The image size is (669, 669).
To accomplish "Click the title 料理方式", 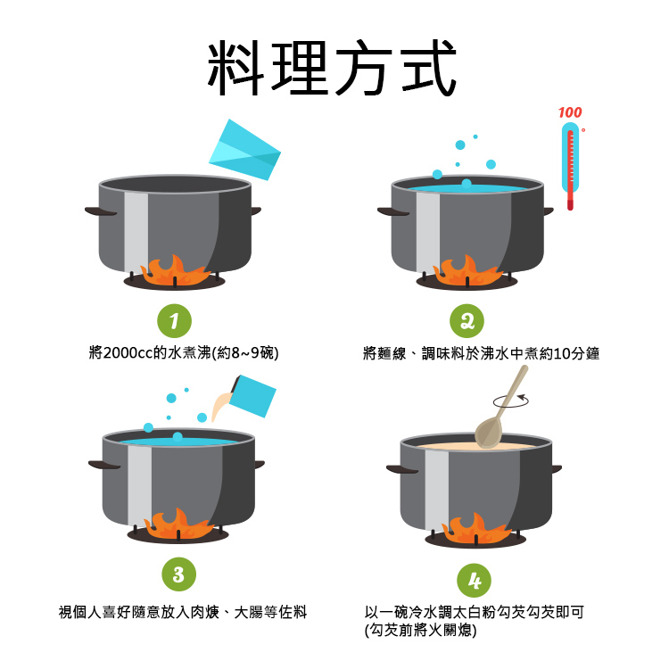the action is [x=332, y=68].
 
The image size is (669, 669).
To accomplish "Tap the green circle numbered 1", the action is [x=174, y=321].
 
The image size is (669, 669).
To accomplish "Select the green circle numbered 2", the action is [x=467, y=321].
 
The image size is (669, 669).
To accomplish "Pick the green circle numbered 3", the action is [x=178, y=574].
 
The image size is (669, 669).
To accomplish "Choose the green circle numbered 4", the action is [x=474, y=581].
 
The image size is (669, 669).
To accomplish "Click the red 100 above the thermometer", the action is [x=570, y=112].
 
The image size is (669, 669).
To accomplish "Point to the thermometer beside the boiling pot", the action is [x=571, y=167].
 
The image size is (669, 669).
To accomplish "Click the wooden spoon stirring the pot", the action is [x=501, y=408].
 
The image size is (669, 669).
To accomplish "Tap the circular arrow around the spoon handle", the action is [x=511, y=401].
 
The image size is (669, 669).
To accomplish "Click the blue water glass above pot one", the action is [x=245, y=149].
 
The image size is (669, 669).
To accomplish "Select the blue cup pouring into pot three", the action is [x=253, y=396].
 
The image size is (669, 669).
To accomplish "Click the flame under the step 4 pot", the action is [x=476, y=528].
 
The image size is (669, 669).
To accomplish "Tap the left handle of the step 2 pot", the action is [x=393, y=211].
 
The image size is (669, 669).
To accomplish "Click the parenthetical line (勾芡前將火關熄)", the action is [x=421, y=630].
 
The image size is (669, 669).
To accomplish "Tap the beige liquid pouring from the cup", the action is [x=221, y=407].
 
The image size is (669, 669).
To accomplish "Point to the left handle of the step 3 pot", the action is [x=104, y=465].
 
